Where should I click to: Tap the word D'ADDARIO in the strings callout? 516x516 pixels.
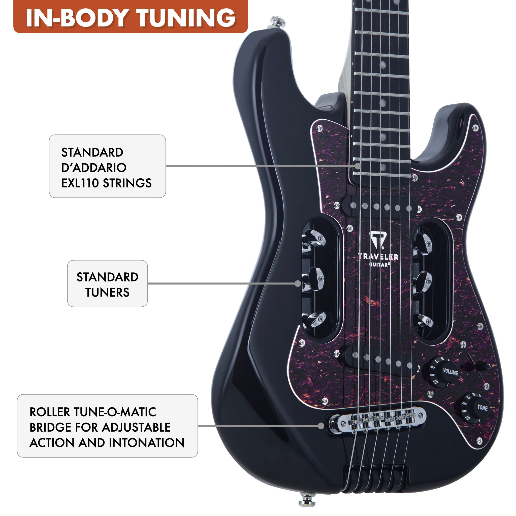coord(94,168)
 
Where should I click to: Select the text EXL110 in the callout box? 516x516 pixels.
coord(80,183)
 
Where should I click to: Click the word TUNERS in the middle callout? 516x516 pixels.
coord(107,293)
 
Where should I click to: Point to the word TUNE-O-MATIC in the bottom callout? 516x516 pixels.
coord(115,412)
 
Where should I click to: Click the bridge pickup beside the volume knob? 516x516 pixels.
coord(382,359)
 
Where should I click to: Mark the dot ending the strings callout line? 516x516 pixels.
coord(358,166)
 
